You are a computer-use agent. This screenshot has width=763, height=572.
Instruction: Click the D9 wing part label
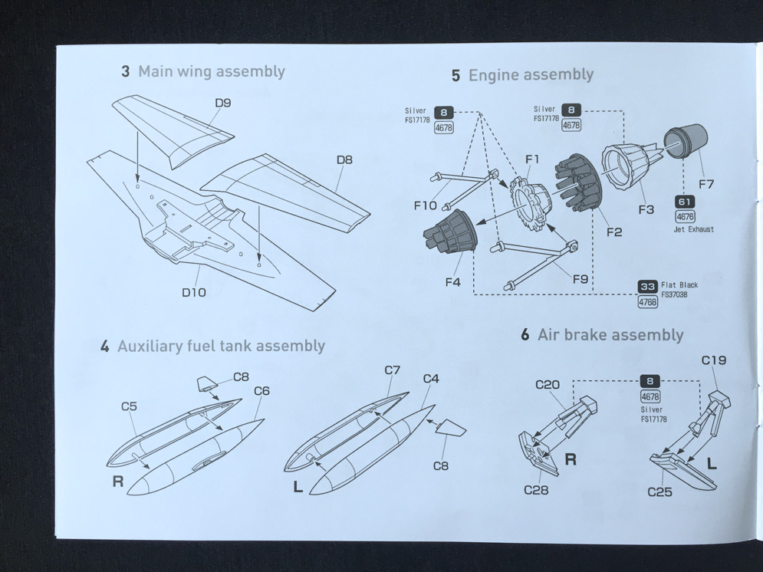coord(222,103)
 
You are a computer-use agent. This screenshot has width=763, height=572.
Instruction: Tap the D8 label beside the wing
coord(344,160)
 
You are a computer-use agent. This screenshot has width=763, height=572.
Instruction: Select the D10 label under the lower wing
coord(193,292)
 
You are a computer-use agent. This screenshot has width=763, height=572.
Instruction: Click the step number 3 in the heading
coord(125,72)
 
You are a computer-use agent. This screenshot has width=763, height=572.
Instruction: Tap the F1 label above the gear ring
coord(532,159)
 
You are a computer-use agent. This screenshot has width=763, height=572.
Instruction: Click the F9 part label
coord(580,279)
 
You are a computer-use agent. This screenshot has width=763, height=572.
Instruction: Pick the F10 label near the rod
coord(425,205)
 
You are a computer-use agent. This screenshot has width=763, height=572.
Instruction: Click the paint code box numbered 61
coord(685,202)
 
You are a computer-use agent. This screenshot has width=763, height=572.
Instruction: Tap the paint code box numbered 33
coord(648,287)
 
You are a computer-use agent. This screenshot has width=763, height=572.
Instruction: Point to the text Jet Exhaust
coord(694,229)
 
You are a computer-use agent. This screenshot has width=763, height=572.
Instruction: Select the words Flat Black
coord(679,284)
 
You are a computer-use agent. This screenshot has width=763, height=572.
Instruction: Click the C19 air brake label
coord(713,360)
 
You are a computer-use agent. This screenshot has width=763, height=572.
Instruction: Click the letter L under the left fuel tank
coord(298,486)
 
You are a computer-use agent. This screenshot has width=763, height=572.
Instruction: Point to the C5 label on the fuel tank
coord(129,406)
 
